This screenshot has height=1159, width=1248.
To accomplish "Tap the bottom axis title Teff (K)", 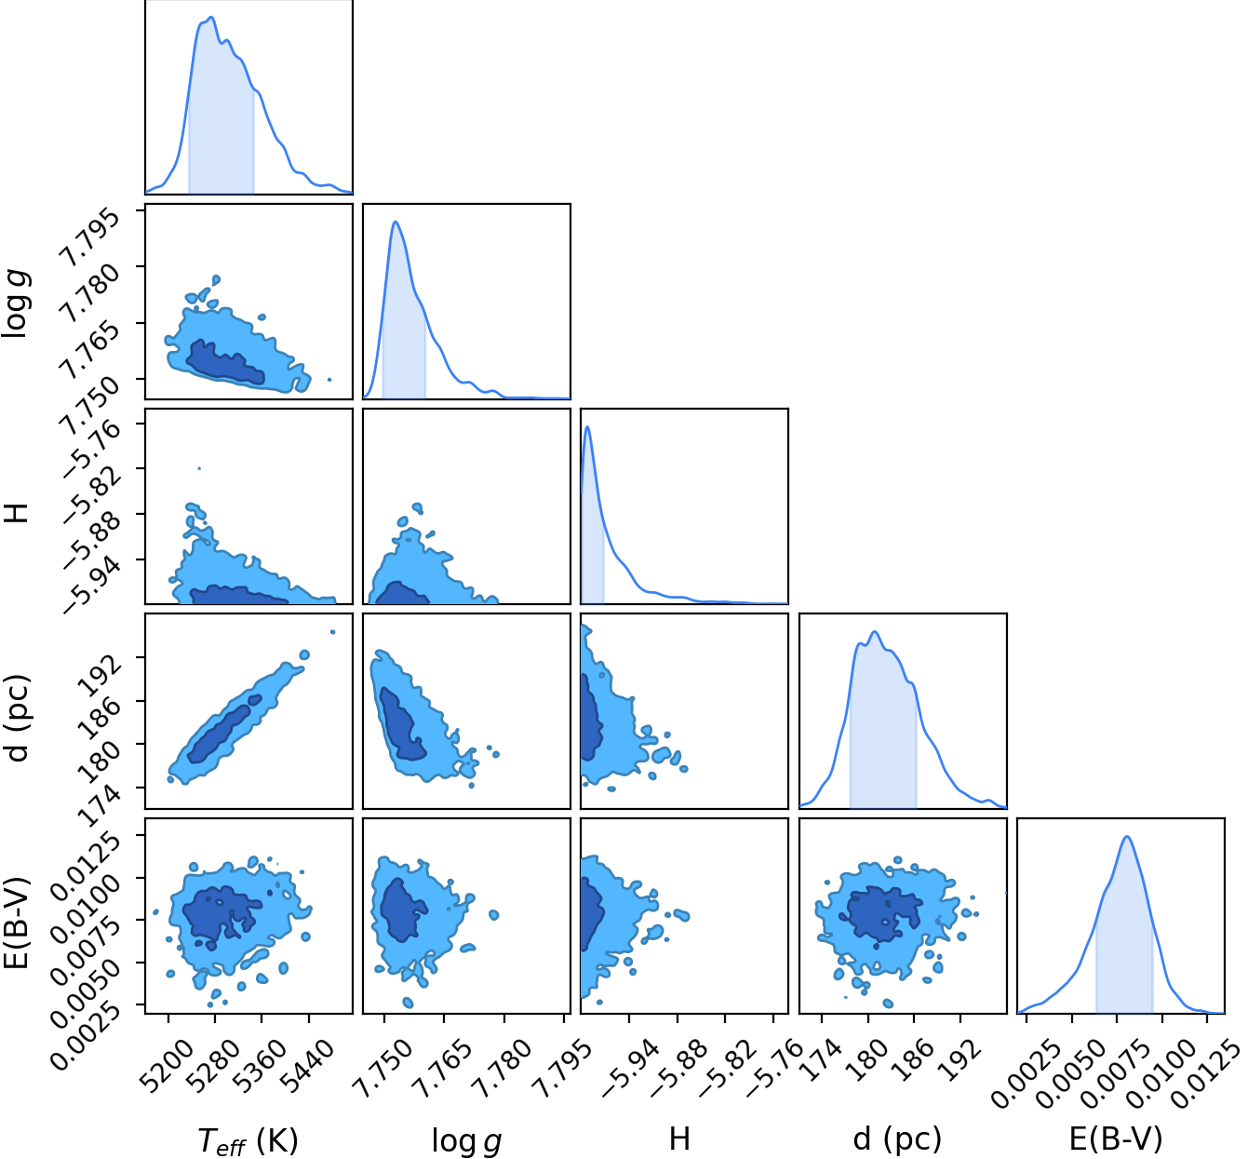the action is pyautogui.click(x=248, y=1140).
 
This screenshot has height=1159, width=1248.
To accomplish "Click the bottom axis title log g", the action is pyautogui.click(x=466, y=1140).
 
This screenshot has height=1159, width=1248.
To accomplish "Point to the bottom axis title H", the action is pyautogui.click(x=679, y=1139).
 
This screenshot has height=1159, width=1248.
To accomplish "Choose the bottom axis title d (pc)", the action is pyautogui.click(x=898, y=1139).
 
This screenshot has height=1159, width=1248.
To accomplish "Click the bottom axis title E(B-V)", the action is pyautogui.click(x=1116, y=1139).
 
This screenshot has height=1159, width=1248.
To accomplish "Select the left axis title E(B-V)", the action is pyautogui.click(x=18, y=922).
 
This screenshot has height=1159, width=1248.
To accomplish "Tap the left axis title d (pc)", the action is pyautogui.click(x=18, y=718).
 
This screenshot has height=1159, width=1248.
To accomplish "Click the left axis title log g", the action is pyautogui.click(x=18, y=303).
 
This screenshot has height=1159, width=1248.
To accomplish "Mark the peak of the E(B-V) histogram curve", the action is pyautogui.click(x=1127, y=836).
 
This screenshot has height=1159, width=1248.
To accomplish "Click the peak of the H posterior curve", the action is pyautogui.click(x=587, y=427).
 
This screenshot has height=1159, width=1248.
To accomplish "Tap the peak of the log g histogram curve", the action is pyautogui.click(x=396, y=222).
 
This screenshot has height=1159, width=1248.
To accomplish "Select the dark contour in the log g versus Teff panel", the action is pyautogui.click(x=225, y=363).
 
